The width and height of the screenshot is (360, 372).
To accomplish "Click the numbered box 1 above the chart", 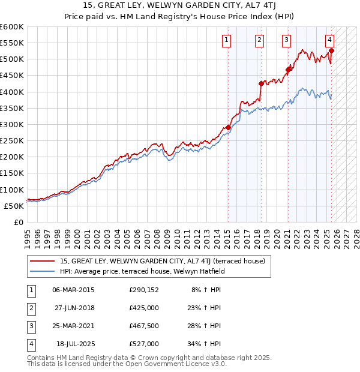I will point(227,40).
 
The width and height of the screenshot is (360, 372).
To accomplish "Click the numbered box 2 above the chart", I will point(259,40).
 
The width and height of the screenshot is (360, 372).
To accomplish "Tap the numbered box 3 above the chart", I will point(286,40).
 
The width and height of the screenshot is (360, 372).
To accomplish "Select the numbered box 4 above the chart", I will point(330,40).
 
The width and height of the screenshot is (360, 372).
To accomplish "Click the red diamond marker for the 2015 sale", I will point(228,127).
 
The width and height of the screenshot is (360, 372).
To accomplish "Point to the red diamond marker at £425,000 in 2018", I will point(261,83).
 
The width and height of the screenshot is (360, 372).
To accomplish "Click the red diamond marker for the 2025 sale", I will point(331,50).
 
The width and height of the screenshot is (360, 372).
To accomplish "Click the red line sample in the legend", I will point(42,262).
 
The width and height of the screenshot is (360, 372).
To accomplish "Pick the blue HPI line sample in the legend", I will point(42,271).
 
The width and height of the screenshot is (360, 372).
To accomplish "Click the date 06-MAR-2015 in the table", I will point(74,290).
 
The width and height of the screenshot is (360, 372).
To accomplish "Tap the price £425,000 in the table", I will point(144,308).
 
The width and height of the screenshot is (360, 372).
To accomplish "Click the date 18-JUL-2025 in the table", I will point(74,344).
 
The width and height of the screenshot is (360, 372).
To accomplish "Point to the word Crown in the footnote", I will point(128,358).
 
